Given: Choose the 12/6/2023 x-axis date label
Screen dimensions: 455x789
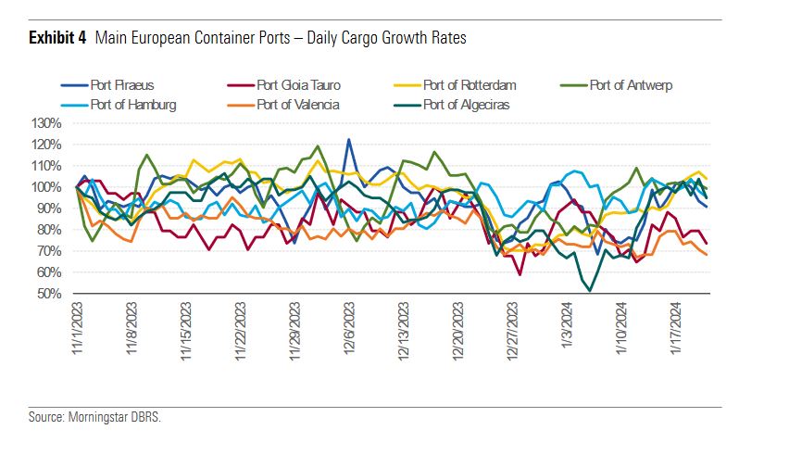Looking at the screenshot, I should pos(349,329).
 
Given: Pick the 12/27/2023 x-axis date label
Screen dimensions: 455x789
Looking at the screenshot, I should pos(512,331).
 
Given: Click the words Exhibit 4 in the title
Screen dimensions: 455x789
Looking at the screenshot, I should pos(57,39).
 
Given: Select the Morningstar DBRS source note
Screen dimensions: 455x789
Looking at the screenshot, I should pos(94,417).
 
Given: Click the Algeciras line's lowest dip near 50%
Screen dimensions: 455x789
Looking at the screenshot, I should pos(590,291).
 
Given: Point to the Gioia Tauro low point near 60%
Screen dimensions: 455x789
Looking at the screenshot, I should pos(520,273).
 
